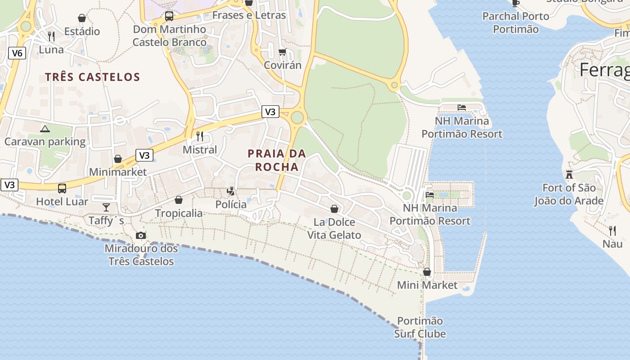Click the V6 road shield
pos(17,53)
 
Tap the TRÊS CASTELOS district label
pos(92,77)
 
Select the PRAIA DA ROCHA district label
pos(277,160)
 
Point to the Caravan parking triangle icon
pos(45,129)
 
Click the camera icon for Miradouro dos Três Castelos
pos(141,235)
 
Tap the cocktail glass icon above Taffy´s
pos(106,207)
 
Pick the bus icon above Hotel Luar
pos(62,189)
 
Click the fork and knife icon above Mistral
pos(200,136)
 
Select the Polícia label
pos(231,205)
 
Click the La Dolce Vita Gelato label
pos(334,229)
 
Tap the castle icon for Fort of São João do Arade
pos(569,175)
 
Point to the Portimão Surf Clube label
pos(420,327)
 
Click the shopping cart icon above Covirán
pos(283,52)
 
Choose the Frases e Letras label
pos(249,15)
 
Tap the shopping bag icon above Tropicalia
pos(179,200)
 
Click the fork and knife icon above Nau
pos(612,231)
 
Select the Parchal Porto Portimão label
pos(516,22)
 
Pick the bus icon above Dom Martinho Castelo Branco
pos(169,16)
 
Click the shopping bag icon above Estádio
pos(82,18)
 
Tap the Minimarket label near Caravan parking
pos(118,172)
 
